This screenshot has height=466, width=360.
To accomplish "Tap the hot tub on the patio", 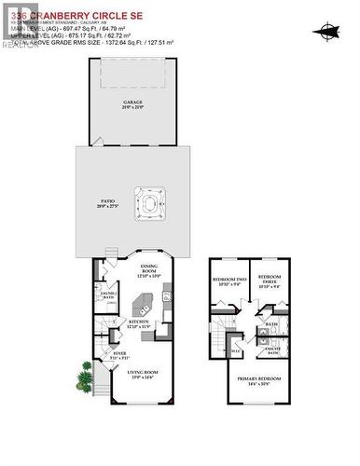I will (x=149, y=203).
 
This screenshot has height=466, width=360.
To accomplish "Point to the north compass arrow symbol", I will (x=326, y=31).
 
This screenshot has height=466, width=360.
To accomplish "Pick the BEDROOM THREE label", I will (x=270, y=282).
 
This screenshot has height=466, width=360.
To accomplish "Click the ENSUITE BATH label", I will (x=273, y=350).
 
